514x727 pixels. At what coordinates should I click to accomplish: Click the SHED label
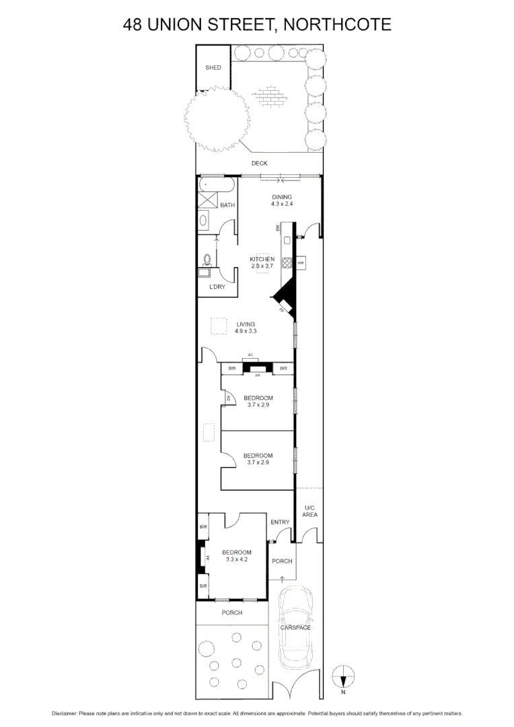pyautogui.click(x=213, y=68)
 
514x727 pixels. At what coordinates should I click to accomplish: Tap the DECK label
pyautogui.click(x=259, y=164)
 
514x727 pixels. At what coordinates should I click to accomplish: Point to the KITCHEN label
pyautogui.click(x=262, y=259)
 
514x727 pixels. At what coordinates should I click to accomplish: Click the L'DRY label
pyautogui.click(x=217, y=287)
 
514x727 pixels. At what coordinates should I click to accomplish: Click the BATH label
pyautogui.click(x=227, y=205)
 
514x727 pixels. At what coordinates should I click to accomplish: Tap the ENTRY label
pyautogui.click(x=280, y=522)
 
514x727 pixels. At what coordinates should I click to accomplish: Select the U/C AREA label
pyautogui.click(x=309, y=511)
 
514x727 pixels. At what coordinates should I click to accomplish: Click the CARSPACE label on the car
pyautogui.click(x=295, y=628)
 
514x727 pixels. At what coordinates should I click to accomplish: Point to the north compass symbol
pyautogui.click(x=343, y=675)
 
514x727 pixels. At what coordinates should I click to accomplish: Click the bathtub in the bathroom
pyautogui.click(x=215, y=183)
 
